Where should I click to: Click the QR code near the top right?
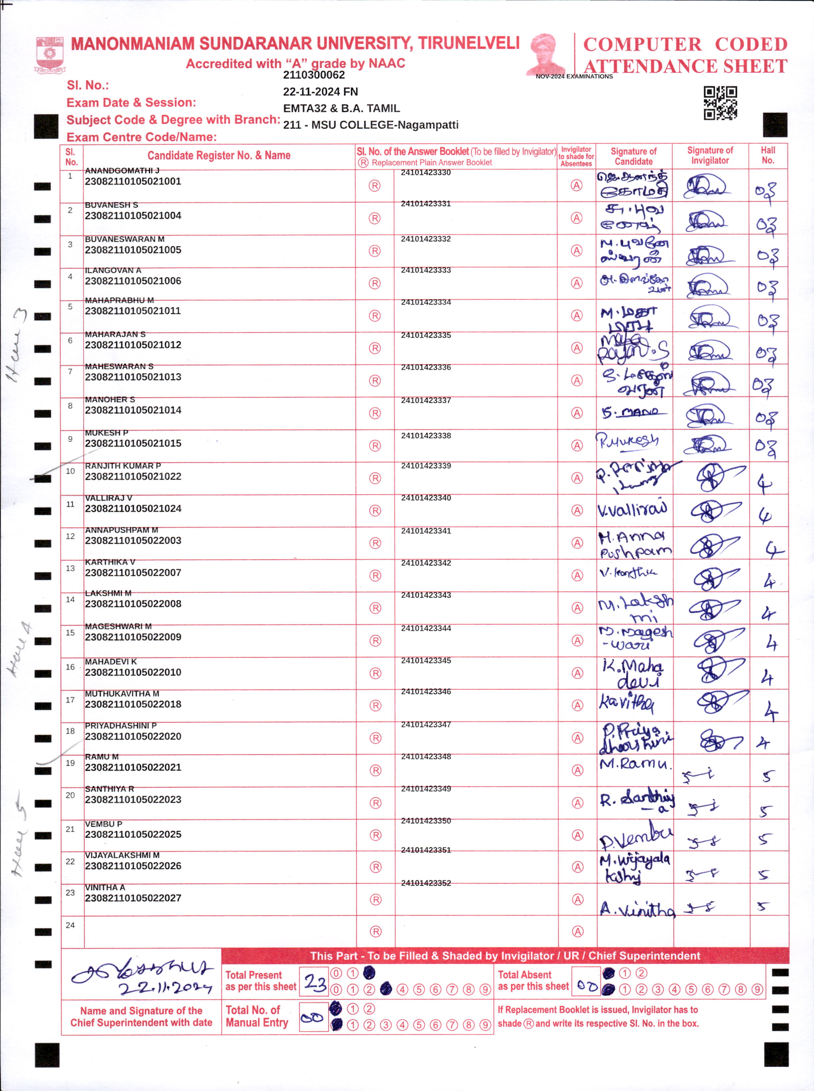(720, 103)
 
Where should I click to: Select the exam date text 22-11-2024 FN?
(320, 92)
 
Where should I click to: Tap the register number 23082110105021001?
(133, 182)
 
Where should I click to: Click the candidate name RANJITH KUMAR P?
(123, 466)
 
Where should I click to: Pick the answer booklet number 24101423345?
(426, 660)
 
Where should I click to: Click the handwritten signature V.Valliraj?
(633, 510)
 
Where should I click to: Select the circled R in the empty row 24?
(375, 931)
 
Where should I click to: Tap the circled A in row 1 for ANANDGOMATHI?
(576, 185)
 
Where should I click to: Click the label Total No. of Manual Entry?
(257, 1017)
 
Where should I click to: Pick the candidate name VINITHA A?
(105, 887)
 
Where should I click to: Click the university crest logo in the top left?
(49, 54)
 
